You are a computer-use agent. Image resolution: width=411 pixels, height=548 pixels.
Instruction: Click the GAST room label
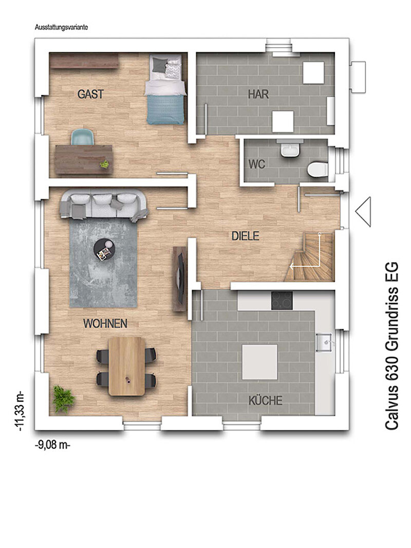[90, 94]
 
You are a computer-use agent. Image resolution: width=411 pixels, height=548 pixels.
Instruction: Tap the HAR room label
[258, 94]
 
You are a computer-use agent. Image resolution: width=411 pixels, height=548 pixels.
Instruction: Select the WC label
[257, 164]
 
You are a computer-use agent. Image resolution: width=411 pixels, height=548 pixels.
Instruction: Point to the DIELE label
[246, 236]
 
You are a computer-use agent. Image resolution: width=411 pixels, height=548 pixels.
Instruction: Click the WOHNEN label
[105, 324]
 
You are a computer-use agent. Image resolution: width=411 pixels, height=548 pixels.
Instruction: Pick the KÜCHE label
[265, 400]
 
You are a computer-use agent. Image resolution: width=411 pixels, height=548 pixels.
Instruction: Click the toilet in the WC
[317, 169]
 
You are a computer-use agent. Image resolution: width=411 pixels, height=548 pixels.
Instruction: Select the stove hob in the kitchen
[282, 300]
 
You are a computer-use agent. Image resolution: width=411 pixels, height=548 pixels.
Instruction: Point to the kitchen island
[260, 362]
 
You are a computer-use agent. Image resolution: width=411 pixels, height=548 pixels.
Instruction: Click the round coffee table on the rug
[104, 249]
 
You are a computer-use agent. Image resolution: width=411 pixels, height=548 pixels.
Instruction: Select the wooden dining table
[126, 366]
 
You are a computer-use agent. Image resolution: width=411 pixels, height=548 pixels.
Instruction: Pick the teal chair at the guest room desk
[83, 137]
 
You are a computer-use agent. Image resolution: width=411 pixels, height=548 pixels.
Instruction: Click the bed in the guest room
[165, 89]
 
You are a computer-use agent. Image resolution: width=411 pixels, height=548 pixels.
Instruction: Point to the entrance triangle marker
[363, 212]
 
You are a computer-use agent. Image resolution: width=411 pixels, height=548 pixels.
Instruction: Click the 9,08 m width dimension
[53, 446]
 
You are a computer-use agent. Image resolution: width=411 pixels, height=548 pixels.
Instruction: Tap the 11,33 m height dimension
[20, 412]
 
